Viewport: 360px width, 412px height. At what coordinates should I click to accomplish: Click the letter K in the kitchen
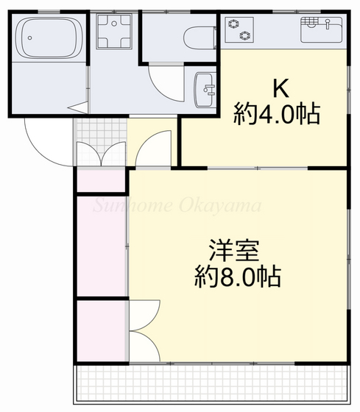coord(280,89)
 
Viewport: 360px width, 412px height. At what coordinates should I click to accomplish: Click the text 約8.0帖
coord(236,278)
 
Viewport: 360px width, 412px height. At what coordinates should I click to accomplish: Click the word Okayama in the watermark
coord(220,205)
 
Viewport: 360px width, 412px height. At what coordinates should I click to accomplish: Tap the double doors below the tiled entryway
coord(100,155)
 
